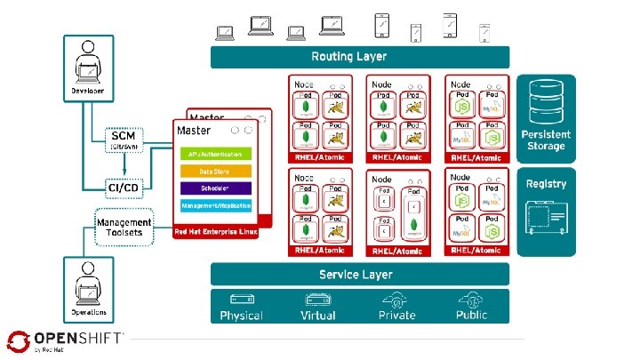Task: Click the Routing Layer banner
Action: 360,57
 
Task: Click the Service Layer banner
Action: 360,274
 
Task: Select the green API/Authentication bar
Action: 216,153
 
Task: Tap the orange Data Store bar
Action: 216,171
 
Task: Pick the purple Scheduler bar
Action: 216,188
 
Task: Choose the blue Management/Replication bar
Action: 216,205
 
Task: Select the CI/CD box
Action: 123,188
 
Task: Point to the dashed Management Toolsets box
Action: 124,226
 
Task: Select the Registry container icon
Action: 546,217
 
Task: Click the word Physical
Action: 242,316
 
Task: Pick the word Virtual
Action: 318,316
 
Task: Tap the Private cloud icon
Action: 396,300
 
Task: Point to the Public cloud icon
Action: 472,300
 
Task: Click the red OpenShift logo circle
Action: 19,341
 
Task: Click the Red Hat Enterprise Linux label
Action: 216,229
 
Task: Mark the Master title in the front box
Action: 194,131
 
